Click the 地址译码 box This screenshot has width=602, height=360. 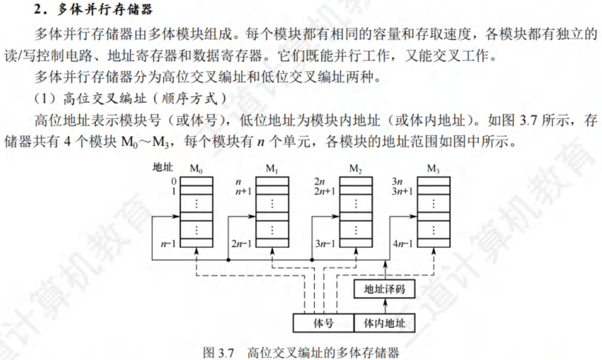tap(384, 289)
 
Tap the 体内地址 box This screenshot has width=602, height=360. tap(384, 323)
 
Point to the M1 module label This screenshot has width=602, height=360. tap(272, 168)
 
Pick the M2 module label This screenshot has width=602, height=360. tap(356, 168)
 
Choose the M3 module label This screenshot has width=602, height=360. tap(433, 168)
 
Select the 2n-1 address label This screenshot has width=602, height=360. tap(241, 244)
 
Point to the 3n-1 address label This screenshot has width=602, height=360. tap(325, 244)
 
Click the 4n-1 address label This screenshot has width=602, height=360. tap(402, 244)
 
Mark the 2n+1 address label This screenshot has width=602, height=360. tap(324, 191)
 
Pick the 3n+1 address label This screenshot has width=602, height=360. tap(402, 191)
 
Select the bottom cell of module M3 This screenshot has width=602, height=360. tap(433, 244)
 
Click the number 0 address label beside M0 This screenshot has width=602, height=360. tap(175, 181)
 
